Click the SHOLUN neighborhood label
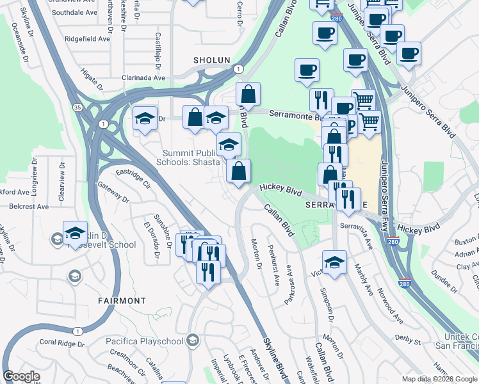click(211, 60)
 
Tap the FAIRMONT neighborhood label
click(122, 300)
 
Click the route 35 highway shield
click(77, 107)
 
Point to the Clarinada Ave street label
click(140, 77)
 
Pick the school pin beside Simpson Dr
click(334, 262)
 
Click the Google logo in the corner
click(22, 377)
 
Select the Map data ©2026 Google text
click(439, 379)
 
